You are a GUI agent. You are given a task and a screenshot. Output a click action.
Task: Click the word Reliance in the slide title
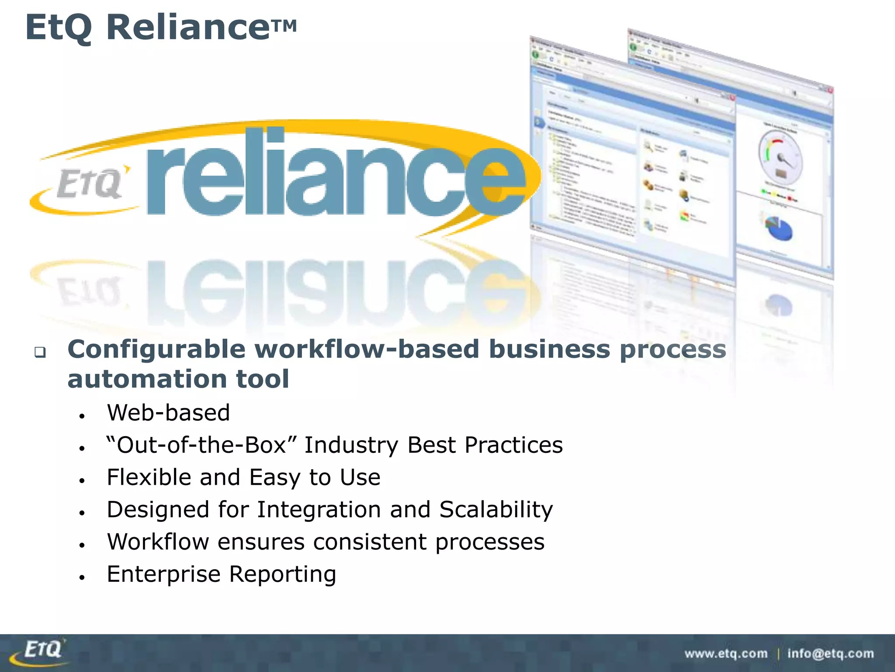[x=188, y=27]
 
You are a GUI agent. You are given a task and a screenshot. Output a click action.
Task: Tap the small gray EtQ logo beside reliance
[x=90, y=184]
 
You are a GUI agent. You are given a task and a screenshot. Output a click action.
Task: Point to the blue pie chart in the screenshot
[x=778, y=227]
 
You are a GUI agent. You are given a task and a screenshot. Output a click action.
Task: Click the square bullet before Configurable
[x=40, y=352]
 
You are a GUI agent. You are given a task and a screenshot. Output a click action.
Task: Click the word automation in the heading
[x=147, y=379]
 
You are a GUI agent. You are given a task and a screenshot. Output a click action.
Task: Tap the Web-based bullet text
[x=168, y=413]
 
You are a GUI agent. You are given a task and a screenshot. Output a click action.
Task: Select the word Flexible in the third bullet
[x=149, y=477]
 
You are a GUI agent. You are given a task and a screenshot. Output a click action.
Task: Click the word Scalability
[x=496, y=510]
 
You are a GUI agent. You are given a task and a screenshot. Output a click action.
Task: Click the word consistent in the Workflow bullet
[x=370, y=542]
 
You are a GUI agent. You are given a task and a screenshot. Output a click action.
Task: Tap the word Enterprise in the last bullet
[x=163, y=574]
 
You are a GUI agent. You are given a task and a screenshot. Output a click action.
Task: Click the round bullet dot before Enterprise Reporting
[x=82, y=577]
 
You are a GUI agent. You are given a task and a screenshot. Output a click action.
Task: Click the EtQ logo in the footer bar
[x=42, y=651]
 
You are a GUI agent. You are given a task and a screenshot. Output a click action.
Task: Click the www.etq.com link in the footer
[x=726, y=654]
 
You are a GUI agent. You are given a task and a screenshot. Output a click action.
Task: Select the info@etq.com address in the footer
[x=830, y=654]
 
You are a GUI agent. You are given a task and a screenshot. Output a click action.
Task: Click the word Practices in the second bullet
[x=513, y=445]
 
